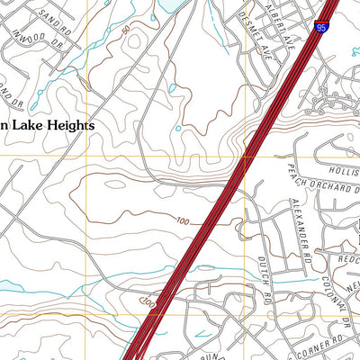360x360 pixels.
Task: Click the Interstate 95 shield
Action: pos(322,30)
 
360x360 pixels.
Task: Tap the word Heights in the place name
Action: pos(66,127)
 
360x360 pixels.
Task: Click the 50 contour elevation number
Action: pos(126,31)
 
